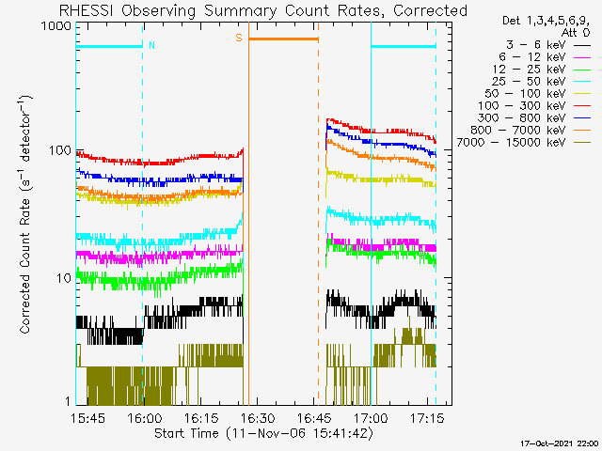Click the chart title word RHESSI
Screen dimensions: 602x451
coord(86,10)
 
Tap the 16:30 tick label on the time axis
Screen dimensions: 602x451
coord(258,417)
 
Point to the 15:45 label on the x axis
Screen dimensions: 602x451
coord(87,417)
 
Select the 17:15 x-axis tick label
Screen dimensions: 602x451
coord(427,417)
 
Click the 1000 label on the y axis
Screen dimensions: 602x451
coord(56,26)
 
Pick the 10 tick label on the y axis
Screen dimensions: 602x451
coord(64,278)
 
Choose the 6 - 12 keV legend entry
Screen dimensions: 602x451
coord(532,57)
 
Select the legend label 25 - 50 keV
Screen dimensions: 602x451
coord(529,82)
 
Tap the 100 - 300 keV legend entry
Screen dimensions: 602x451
coord(521,106)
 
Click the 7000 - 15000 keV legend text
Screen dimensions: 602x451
coord(511,143)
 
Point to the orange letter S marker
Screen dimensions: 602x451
coord(239,38)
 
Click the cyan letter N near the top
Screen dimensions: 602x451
coord(151,45)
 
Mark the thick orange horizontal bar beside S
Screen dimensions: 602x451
coord(283,39)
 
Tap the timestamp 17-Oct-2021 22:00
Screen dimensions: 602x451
coord(559,443)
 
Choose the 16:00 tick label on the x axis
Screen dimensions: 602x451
coord(144,417)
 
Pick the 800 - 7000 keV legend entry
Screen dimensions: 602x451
coord(518,131)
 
